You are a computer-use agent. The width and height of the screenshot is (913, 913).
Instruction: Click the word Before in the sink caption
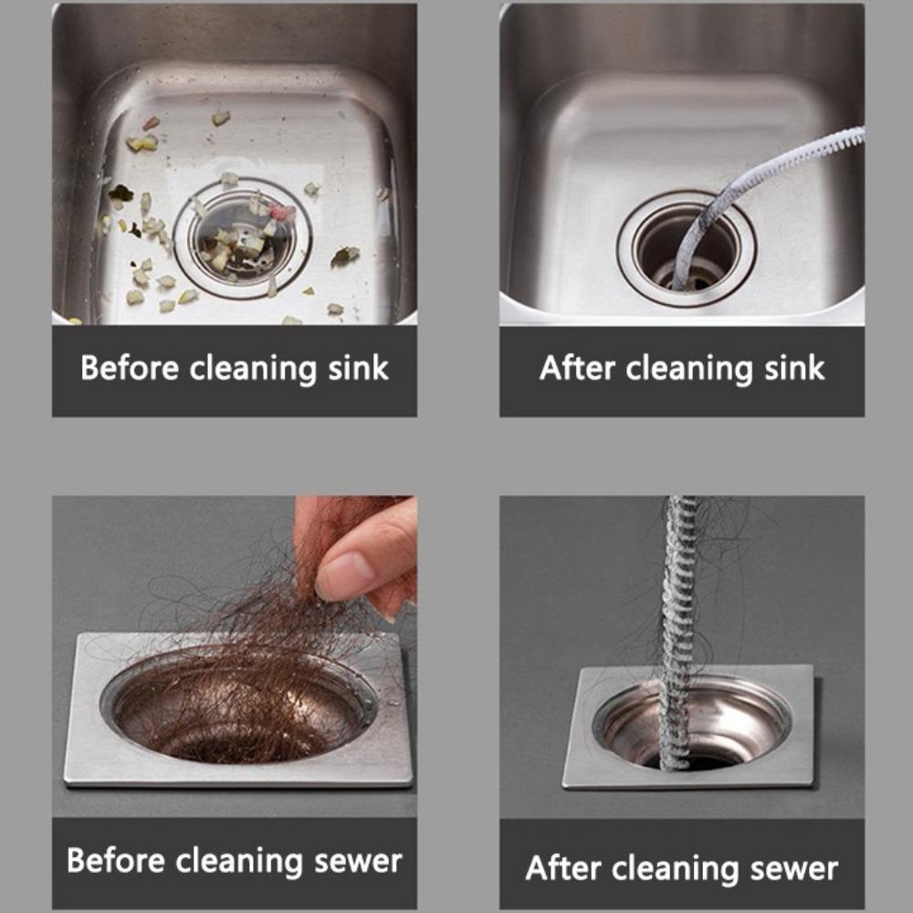pyautogui.click(x=131, y=369)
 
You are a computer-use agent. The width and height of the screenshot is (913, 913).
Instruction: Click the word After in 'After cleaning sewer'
pyautogui.click(x=565, y=866)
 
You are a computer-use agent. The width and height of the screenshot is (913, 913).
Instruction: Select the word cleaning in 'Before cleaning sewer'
pyautogui.click(x=239, y=861)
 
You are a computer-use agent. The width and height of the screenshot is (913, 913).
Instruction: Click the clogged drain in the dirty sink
pyautogui.click(x=242, y=238)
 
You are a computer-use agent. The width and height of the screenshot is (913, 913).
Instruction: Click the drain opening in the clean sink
pyautogui.click(x=685, y=247)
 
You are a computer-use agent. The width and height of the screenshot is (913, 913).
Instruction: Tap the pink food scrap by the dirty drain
pyautogui.click(x=284, y=212)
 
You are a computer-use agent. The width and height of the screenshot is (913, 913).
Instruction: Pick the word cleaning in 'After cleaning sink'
pyautogui.click(x=688, y=369)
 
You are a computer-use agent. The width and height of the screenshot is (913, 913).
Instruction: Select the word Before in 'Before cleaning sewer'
pyautogui.click(x=116, y=861)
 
